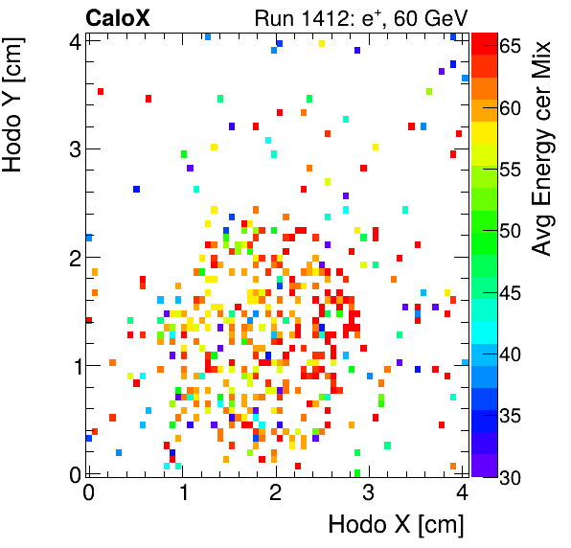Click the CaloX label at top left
click(118, 16)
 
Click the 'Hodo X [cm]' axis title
click(396, 525)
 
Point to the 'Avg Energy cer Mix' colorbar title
click(543, 148)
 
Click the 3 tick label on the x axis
click(369, 492)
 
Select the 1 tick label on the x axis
click(182, 492)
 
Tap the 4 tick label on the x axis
click(462, 492)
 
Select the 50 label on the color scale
click(509, 230)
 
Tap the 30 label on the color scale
click(509, 478)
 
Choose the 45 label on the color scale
click(509, 292)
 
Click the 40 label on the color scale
click(509, 354)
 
